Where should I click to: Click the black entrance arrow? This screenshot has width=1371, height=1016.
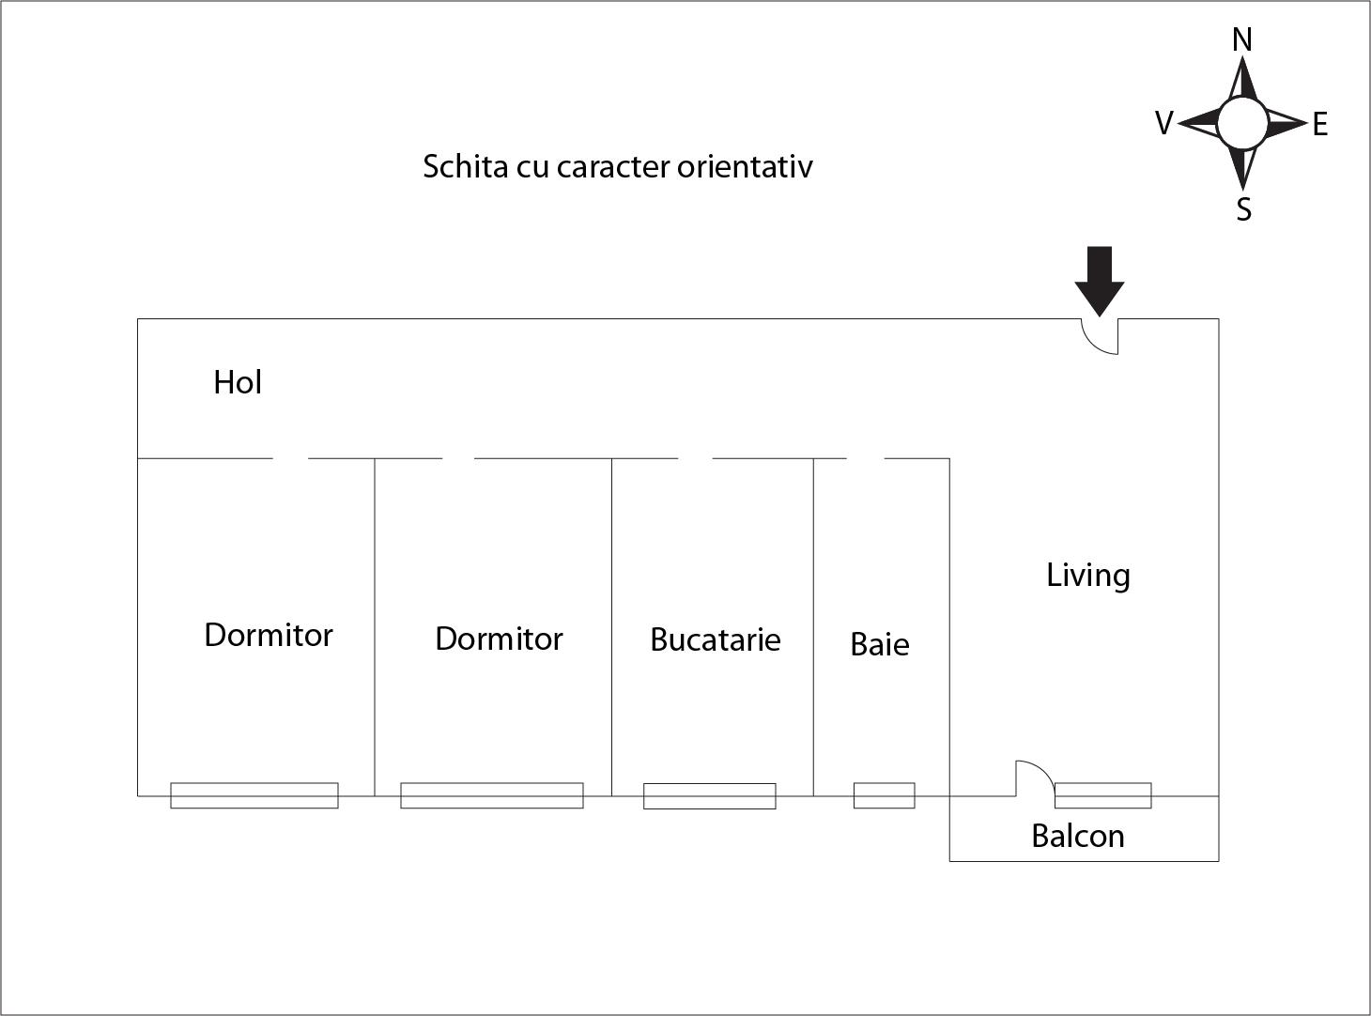tap(1099, 282)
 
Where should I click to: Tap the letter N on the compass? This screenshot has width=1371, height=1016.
tap(1242, 40)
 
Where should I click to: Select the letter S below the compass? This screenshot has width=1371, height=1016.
tap(1243, 209)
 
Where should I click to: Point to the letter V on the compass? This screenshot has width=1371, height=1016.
tap(1163, 123)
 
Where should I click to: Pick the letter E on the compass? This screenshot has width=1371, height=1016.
tap(1319, 124)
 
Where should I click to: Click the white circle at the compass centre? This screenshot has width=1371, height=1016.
tap(1242, 124)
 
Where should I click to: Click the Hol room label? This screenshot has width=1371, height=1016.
tap(238, 382)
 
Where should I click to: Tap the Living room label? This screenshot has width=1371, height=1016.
tap(1088, 576)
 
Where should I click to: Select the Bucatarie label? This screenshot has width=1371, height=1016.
tap(716, 639)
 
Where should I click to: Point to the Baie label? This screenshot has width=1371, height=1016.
tap(880, 644)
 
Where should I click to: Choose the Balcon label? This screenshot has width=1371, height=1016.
tap(1077, 836)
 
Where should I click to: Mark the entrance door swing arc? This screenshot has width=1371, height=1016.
tap(1099, 336)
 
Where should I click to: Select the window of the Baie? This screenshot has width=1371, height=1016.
tap(884, 795)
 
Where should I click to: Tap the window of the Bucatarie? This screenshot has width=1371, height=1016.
tap(710, 796)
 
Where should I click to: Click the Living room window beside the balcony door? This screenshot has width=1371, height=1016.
tap(1102, 795)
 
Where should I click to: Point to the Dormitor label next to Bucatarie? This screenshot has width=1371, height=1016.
tap(499, 639)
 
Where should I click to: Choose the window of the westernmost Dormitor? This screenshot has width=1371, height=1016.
tap(254, 795)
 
